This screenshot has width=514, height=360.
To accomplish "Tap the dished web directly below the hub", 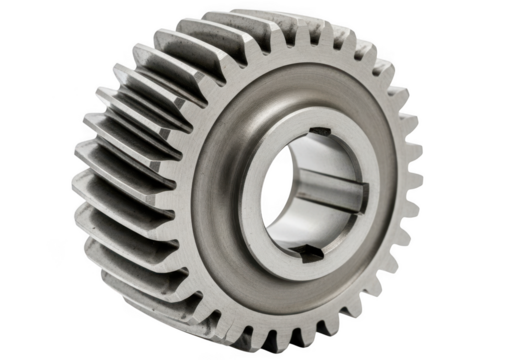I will (x=300, y=290).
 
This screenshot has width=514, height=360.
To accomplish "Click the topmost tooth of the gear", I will (x=300, y=30).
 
